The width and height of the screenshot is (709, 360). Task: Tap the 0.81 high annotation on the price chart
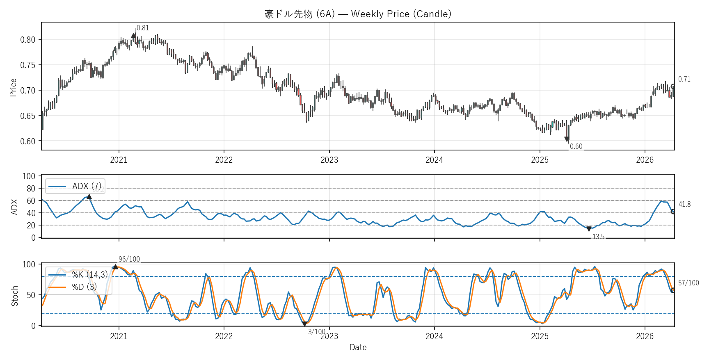[x=143, y=28]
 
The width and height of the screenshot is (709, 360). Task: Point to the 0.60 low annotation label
[x=576, y=146]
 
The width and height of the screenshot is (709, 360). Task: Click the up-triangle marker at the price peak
[x=134, y=36]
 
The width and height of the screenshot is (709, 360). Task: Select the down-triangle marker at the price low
[x=567, y=139]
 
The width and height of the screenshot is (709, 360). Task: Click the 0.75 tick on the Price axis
[x=28, y=65]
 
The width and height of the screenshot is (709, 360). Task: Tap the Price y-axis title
[x=13, y=87]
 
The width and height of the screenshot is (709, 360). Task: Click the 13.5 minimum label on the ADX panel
[x=598, y=237]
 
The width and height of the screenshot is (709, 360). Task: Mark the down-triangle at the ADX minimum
[x=589, y=229]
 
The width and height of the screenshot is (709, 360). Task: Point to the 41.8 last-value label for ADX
[x=684, y=204]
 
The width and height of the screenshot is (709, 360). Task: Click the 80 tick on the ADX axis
[x=31, y=189]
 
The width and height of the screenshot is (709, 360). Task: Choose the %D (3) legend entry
[x=85, y=287]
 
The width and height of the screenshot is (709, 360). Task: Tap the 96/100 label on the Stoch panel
[x=129, y=259]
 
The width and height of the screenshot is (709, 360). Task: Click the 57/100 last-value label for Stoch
[x=688, y=283]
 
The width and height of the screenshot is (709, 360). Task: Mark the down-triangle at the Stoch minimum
[x=304, y=324]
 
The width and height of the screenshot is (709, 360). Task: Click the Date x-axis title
[x=358, y=347]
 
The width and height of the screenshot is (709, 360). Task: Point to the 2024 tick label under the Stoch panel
[x=434, y=337]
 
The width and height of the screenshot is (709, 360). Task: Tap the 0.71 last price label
[x=684, y=79]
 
